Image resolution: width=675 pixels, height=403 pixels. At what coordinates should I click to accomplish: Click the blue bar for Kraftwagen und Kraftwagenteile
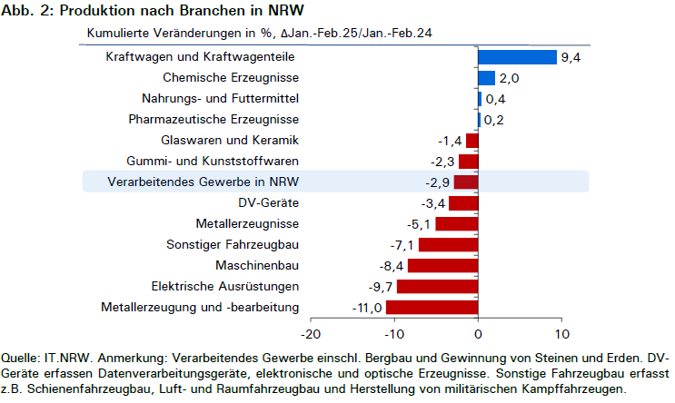click(x=518, y=57)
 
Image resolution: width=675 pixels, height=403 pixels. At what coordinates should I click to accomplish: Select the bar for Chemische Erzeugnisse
click(x=487, y=78)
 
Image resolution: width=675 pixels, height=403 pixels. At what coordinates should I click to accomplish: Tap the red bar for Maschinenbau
click(x=443, y=266)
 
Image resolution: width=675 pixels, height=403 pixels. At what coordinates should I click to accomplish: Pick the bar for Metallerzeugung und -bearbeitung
click(x=432, y=308)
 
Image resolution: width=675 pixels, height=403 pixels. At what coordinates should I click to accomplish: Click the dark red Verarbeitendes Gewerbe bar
click(x=466, y=182)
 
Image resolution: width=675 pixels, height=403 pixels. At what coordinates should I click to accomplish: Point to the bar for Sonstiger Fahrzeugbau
click(x=449, y=245)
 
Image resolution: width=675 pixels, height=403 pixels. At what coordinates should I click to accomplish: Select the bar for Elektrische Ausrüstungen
click(x=437, y=287)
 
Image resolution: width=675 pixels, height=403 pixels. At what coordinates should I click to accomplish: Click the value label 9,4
click(x=571, y=57)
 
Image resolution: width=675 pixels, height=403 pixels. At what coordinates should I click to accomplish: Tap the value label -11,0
click(x=367, y=308)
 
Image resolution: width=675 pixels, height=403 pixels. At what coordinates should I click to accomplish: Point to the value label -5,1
click(x=419, y=224)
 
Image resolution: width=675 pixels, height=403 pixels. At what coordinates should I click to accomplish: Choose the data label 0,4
click(x=495, y=99)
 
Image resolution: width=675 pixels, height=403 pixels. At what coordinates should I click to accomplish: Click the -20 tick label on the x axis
click(x=311, y=334)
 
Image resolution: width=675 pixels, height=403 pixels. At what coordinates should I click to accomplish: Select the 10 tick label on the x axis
click(x=562, y=334)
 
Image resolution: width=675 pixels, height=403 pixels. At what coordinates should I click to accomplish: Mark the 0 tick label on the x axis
click(x=478, y=334)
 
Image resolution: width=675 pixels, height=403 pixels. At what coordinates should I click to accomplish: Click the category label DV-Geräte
click(x=269, y=202)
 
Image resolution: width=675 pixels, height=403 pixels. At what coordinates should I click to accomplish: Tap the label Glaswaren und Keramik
click(x=230, y=140)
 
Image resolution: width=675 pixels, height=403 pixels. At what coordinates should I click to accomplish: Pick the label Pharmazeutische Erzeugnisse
click(x=213, y=119)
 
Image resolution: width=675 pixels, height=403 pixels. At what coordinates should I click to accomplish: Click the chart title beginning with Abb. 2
click(x=153, y=10)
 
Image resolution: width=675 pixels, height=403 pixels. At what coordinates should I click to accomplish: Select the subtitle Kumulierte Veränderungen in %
click(x=180, y=33)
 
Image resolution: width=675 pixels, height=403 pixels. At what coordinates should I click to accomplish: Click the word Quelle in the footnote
click(x=21, y=359)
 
